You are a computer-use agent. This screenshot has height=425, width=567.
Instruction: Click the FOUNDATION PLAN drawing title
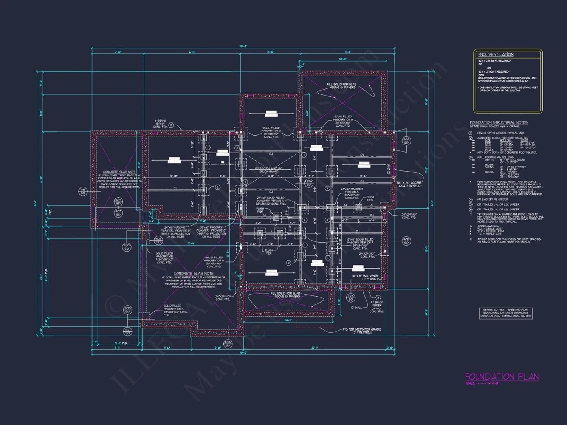click(502, 377)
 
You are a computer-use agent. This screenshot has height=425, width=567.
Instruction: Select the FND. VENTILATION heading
click(496, 54)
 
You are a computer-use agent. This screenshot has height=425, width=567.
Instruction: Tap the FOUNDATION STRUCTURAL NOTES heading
click(498, 122)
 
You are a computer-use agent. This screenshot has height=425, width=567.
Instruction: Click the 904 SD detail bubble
click(406, 141)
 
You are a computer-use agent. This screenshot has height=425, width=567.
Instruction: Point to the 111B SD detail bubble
click(83, 191)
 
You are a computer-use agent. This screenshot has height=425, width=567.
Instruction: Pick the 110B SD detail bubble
click(406, 241)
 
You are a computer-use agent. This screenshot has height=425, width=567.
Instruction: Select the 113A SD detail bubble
click(228, 343)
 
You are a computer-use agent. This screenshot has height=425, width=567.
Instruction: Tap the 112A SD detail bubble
click(350, 298)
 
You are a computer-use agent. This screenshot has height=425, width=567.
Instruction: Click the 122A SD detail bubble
click(309, 183)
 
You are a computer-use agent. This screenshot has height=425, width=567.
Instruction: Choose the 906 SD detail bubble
click(158, 240)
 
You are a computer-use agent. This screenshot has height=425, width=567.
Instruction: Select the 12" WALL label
click(356, 308)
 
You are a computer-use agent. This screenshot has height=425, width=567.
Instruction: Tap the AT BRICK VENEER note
click(376, 304)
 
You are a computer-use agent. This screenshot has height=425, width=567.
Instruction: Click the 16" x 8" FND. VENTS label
click(365, 276)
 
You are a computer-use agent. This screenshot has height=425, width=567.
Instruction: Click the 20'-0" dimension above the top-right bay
click(342, 59)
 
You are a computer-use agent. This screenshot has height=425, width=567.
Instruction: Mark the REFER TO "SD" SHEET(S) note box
click(506, 313)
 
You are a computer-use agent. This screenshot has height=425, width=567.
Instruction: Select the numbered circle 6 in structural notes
click(471, 209)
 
